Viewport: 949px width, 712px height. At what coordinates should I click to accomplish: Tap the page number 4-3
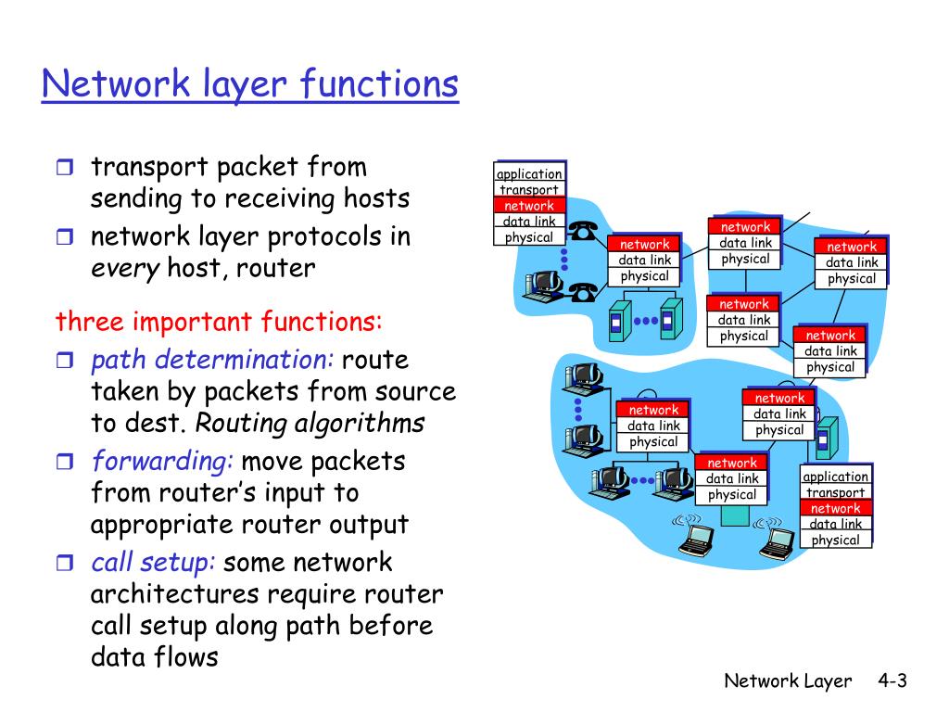(892, 680)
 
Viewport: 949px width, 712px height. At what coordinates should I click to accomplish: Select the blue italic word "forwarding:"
(162, 462)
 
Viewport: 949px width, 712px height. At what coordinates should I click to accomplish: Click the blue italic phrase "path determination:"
(212, 360)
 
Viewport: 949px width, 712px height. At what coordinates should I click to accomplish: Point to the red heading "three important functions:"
(219, 321)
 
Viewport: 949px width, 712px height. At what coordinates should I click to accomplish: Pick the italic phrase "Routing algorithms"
(310, 423)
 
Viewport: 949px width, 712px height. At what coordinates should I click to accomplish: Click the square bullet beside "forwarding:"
(65, 462)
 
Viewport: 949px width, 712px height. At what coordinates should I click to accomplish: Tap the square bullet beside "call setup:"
(65, 563)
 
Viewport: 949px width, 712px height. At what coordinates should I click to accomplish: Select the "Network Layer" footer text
(788, 681)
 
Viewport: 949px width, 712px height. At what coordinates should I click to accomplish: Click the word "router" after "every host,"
(275, 268)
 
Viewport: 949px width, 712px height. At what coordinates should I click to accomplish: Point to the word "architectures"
(174, 594)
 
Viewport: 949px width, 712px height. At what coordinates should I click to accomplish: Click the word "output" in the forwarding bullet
(369, 525)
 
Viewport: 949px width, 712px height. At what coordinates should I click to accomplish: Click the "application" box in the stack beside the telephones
(529, 173)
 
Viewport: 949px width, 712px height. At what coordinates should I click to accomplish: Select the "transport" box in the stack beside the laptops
(835, 492)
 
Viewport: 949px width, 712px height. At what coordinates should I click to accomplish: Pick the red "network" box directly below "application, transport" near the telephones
(529, 205)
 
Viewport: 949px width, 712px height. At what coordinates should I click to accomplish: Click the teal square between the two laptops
(735, 515)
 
